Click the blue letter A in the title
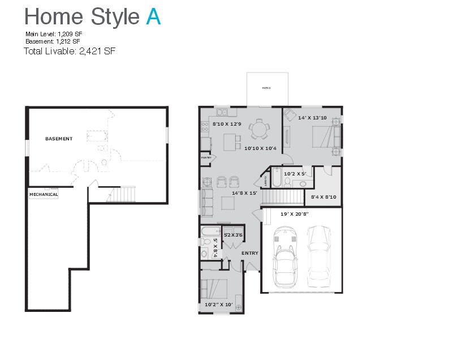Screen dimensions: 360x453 [153, 17]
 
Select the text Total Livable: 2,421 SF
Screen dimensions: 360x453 [70, 51]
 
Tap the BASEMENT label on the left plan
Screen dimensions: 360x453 [59, 139]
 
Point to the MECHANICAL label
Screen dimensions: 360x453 [44, 194]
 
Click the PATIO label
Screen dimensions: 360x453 [266, 88]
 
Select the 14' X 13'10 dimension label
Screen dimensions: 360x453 [312, 118]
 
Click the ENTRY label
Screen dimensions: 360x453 [249, 253]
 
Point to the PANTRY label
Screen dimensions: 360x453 [206, 158]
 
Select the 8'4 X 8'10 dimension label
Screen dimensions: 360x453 [323, 197]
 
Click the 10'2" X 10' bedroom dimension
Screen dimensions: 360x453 [219, 305]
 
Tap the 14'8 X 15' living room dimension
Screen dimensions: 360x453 [244, 193]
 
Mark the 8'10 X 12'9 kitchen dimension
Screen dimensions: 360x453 [227, 123]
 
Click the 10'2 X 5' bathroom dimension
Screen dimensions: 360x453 [295, 174]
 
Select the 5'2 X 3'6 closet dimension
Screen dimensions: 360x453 [233, 235]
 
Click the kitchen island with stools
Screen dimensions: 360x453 [230, 142]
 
